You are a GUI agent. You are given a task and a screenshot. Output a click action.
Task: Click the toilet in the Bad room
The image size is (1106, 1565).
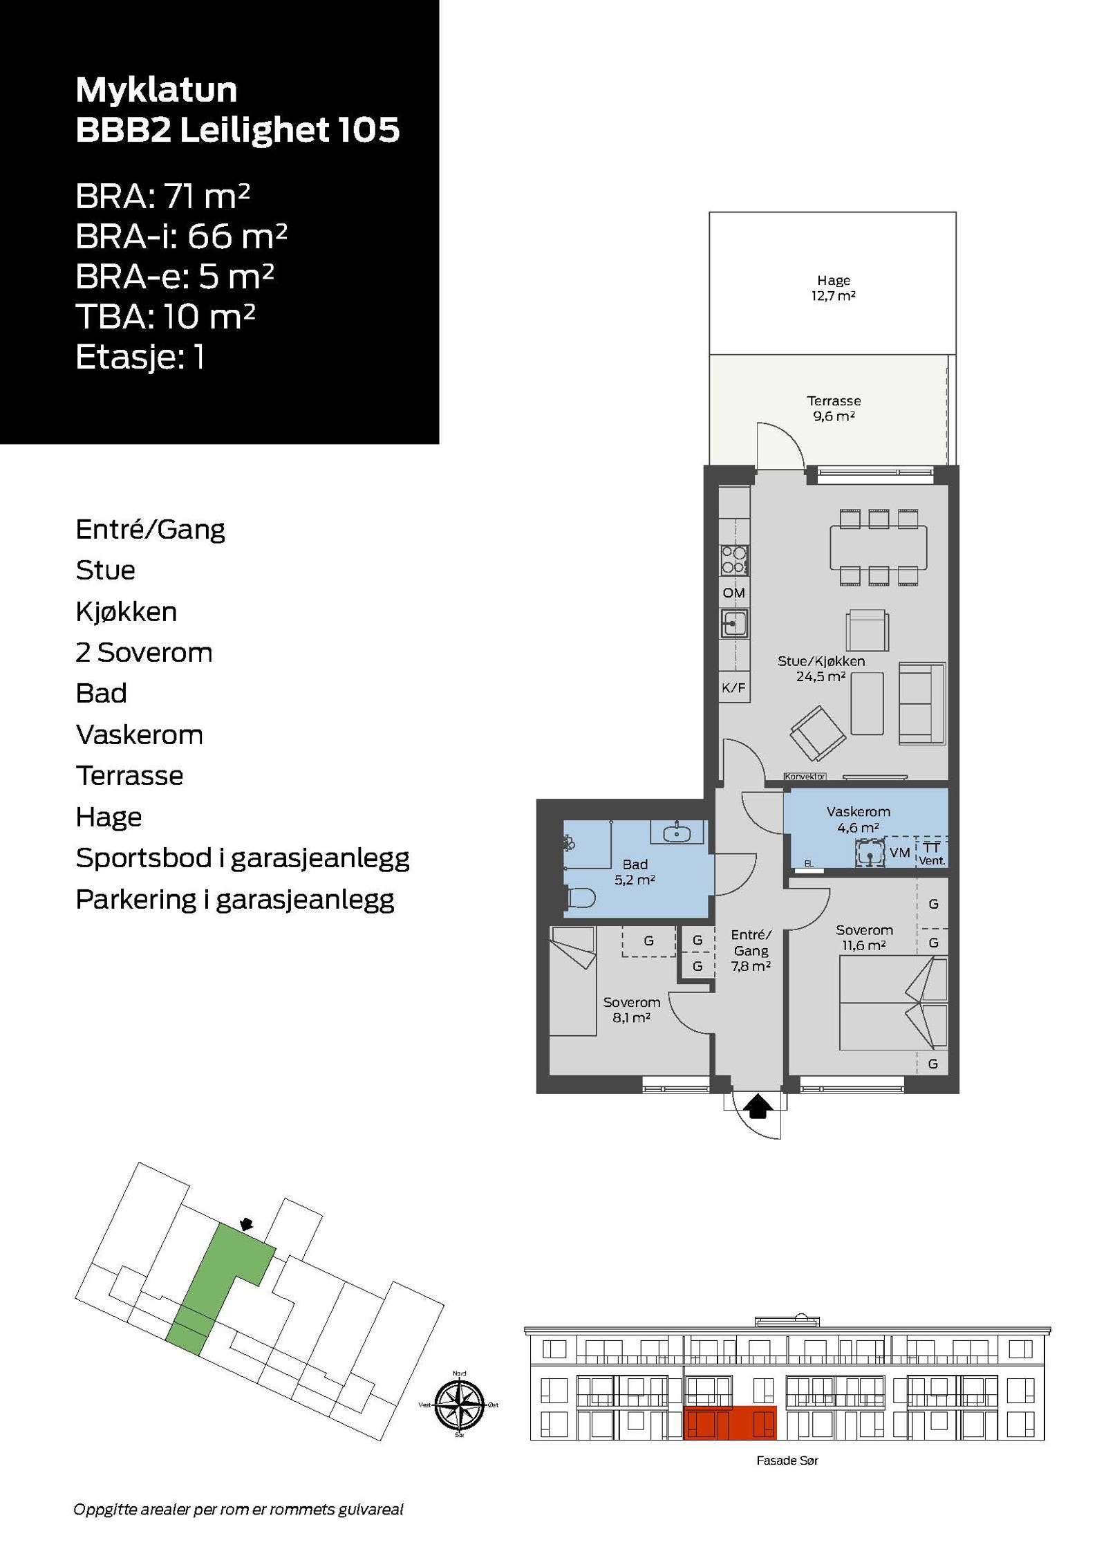click(x=581, y=898)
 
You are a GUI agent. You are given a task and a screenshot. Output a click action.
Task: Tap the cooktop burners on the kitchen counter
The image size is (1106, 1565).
click(x=733, y=559)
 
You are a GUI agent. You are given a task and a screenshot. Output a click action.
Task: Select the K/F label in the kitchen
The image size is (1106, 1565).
click(x=733, y=688)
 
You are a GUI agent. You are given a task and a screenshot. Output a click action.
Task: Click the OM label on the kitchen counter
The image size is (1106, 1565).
click(x=733, y=593)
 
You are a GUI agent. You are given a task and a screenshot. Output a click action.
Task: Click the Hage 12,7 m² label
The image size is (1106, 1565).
click(x=833, y=288)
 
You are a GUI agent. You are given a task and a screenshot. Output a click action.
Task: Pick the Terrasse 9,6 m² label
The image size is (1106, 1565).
click(x=833, y=408)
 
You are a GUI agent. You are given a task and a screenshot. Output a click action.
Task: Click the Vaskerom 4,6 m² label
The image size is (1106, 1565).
click(x=858, y=819)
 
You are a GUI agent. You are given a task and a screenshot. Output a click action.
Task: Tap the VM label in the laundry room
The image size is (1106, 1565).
click(x=899, y=853)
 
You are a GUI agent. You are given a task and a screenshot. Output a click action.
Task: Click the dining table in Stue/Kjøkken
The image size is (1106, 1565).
click(x=878, y=548)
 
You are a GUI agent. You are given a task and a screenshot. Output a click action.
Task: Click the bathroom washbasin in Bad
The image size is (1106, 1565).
click(x=678, y=833)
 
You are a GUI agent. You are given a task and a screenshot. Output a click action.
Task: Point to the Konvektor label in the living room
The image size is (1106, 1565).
click(x=805, y=777)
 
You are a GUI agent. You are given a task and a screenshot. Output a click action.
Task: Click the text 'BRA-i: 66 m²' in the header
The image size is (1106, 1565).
click(x=181, y=237)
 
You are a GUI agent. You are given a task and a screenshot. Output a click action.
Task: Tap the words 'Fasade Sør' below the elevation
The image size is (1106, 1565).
click(x=787, y=1461)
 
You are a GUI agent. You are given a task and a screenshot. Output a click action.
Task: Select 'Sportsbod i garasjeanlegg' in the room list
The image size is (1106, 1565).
click(x=242, y=858)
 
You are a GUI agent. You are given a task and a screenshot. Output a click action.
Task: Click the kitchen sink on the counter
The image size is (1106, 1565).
click(x=733, y=624)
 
